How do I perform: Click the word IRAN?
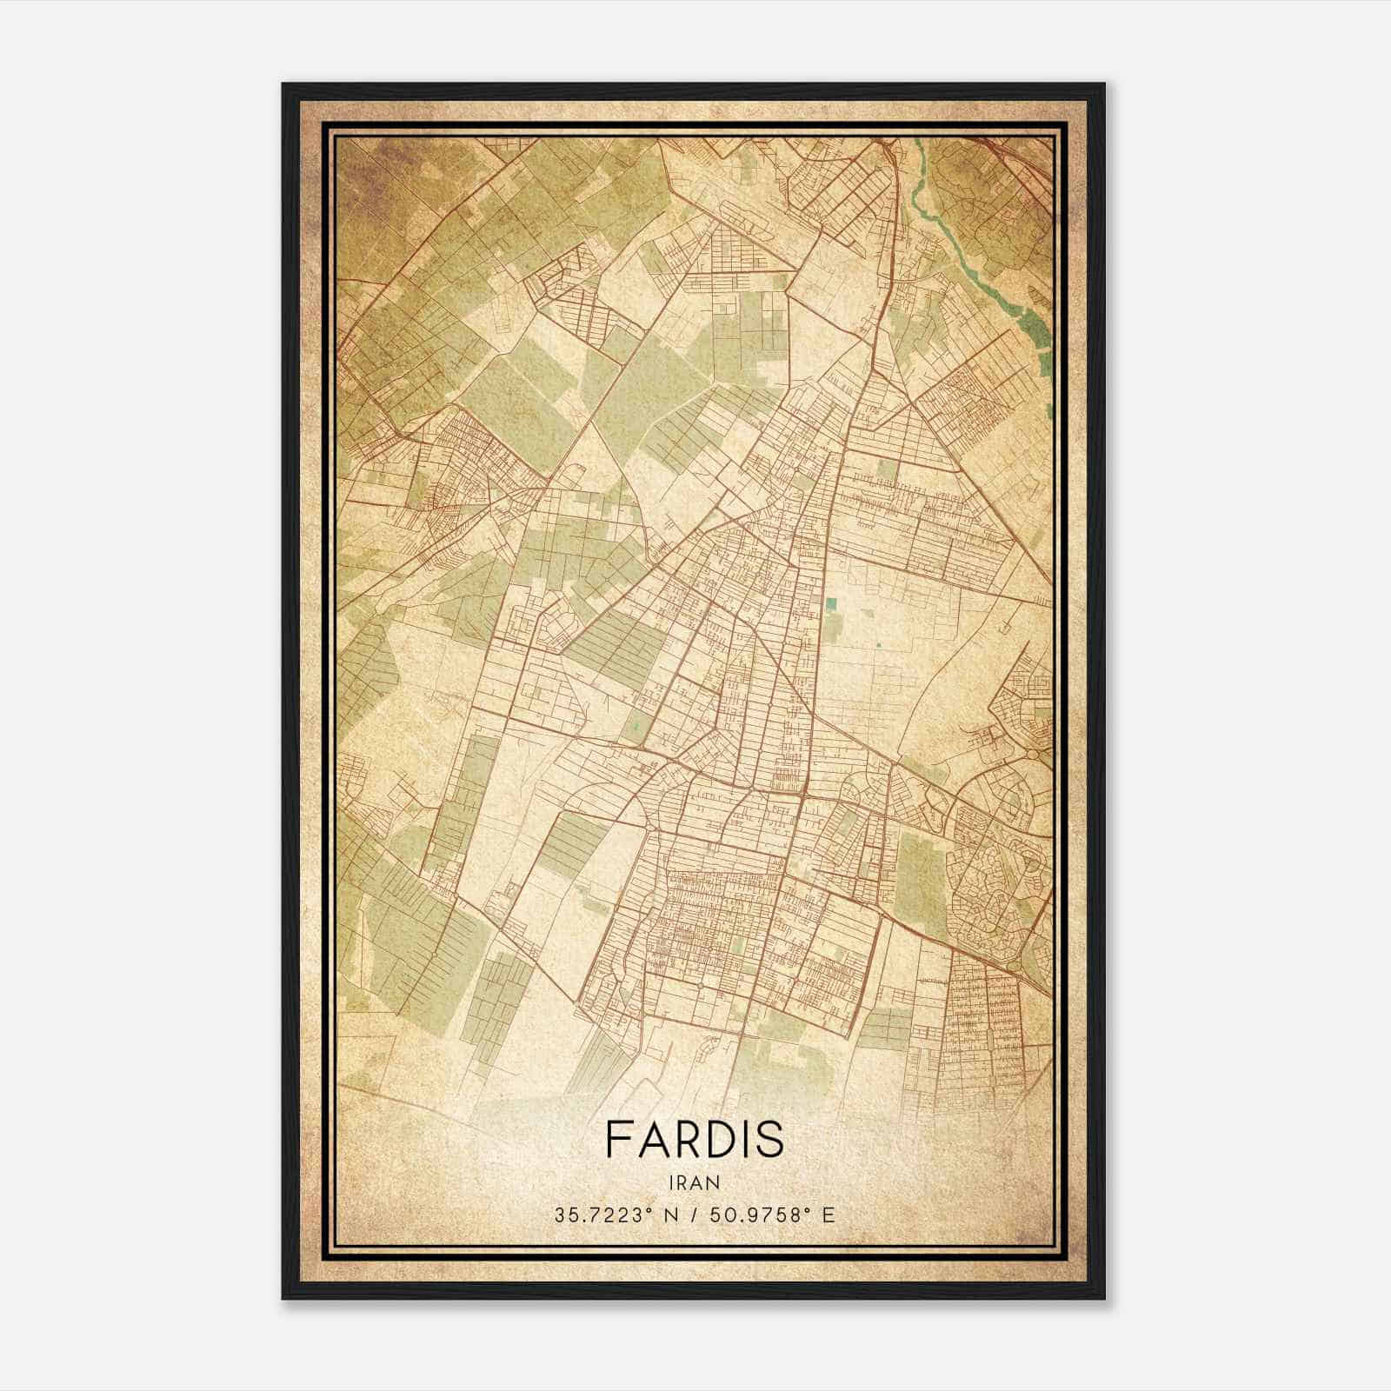tap(694, 1181)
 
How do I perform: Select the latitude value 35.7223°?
tap(599, 1215)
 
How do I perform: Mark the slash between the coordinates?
tap(695, 1215)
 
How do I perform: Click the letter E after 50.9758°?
tap(829, 1215)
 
